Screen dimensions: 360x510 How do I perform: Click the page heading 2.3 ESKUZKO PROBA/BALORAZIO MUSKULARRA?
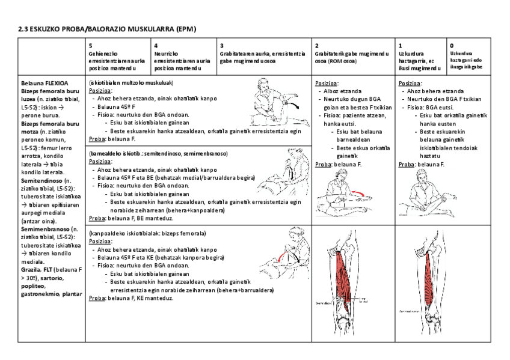(107, 28)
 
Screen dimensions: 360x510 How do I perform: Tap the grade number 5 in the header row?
(90, 46)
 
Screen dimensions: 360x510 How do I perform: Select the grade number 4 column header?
(156, 46)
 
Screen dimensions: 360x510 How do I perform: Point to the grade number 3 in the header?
(221, 46)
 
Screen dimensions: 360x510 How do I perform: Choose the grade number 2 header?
(317, 46)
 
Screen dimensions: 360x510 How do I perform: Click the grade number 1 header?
(401, 46)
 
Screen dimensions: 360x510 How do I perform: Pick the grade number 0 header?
(452, 45)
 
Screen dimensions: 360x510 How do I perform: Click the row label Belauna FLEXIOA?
(45, 83)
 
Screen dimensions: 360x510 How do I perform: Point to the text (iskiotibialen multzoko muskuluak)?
(131, 82)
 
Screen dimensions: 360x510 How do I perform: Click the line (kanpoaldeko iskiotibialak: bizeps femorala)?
(147, 233)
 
